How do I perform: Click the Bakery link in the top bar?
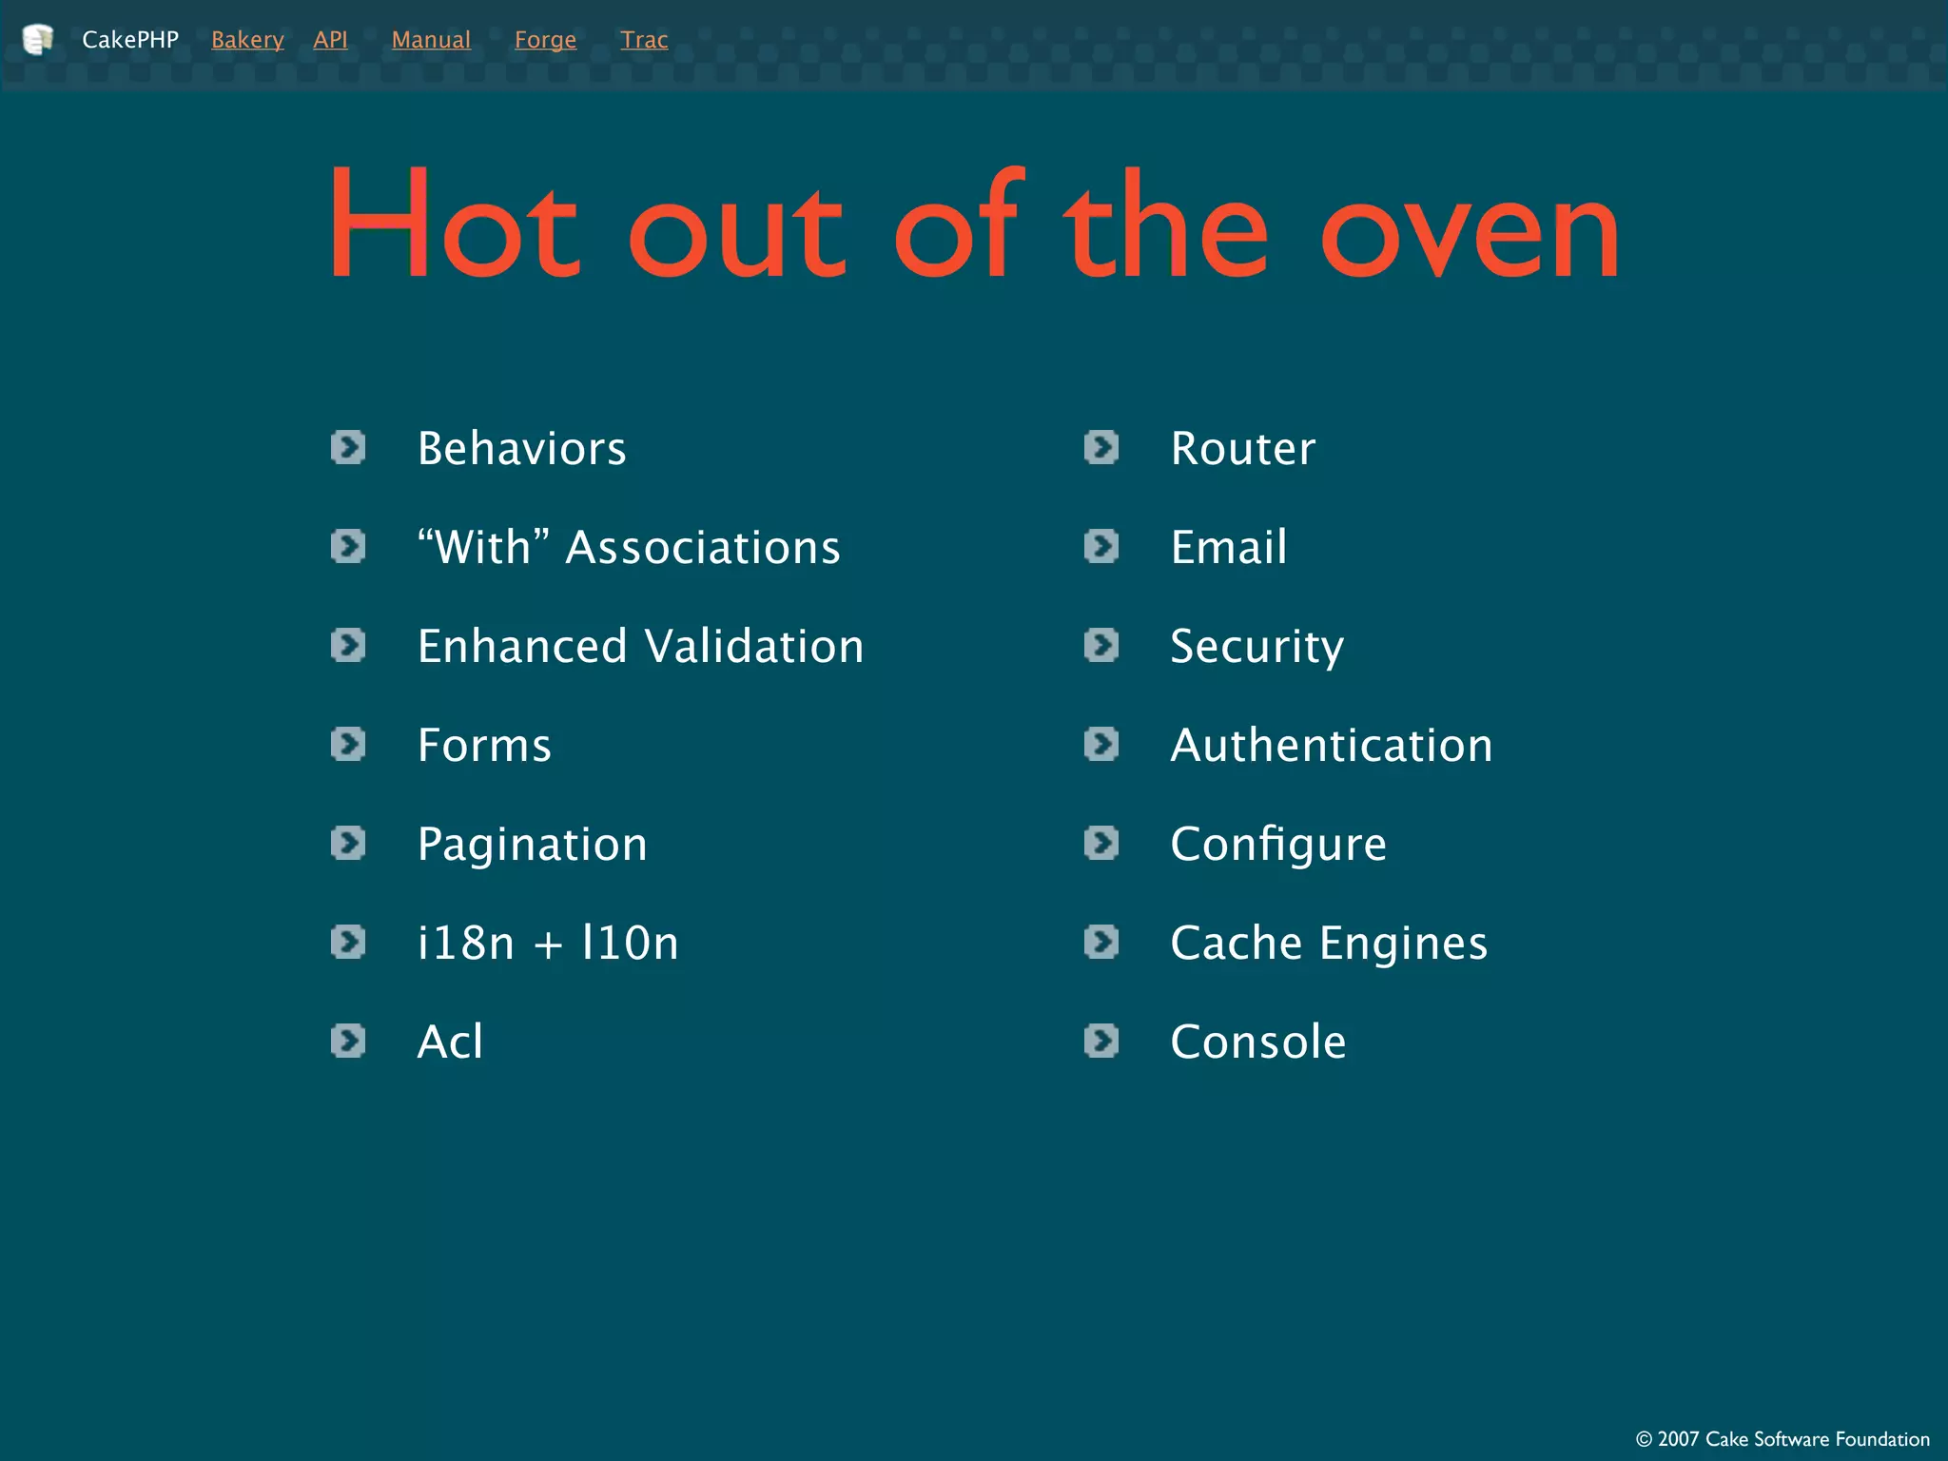(x=247, y=40)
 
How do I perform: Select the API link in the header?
(x=330, y=40)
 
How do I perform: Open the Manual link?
(x=431, y=40)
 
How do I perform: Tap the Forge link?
(x=545, y=40)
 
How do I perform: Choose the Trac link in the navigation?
(x=644, y=40)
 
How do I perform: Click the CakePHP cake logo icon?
(x=38, y=40)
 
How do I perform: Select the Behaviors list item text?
(x=521, y=449)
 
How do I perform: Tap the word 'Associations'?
(x=703, y=548)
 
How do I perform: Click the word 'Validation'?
(x=754, y=647)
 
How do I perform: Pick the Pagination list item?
(x=532, y=845)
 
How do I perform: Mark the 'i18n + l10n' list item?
(x=548, y=944)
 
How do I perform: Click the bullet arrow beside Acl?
(x=348, y=1041)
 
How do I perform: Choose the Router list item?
(x=1242, y=449)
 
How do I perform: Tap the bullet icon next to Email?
(x=1101, y=546)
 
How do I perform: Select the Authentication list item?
(x=1331, y=746)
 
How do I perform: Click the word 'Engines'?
(x=1403, y=944)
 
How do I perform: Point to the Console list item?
(x=1257, y=1042)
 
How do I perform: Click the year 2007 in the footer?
(x=1678, y=1439)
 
